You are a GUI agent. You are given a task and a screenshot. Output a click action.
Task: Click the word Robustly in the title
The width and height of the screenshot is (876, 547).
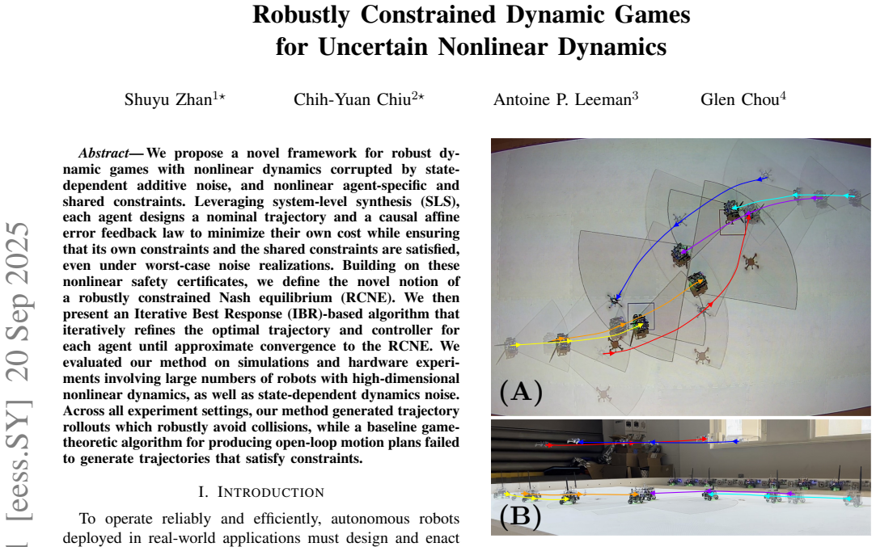coord(301,15)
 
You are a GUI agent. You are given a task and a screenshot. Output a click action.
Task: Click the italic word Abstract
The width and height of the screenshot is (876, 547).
coord(104,153)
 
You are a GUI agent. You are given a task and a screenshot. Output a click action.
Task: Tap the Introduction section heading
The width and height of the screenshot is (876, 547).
coord(261,492)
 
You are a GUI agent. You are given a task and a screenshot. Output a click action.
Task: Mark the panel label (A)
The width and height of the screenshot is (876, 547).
coord(521,391)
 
